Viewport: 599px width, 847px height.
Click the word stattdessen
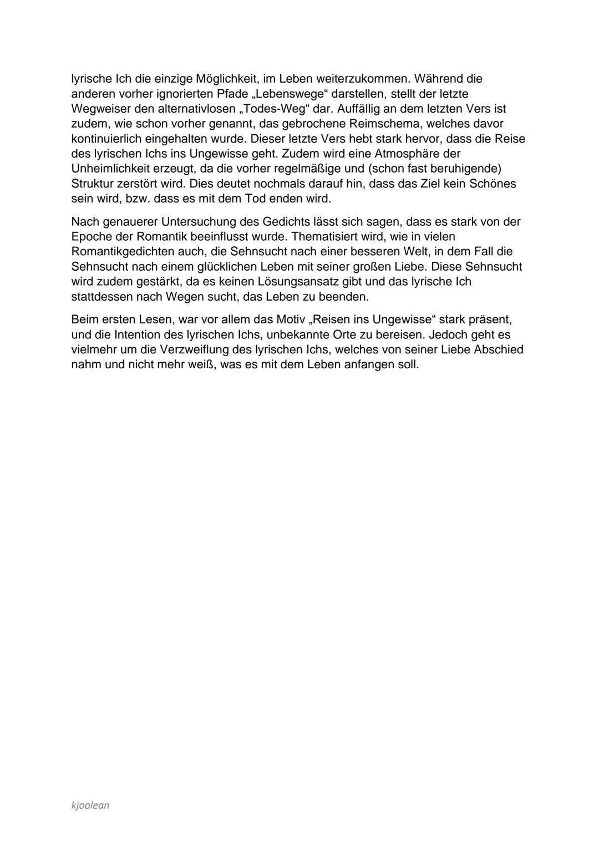tap(101, 297)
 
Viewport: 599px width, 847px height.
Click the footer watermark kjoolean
tap(90, 805)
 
